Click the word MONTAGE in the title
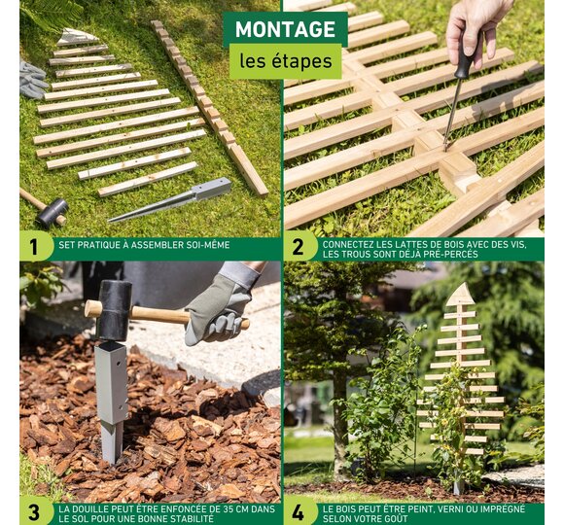pyautogui.click(x=285, y=29)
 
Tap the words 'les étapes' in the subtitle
pyautogui.click(x=286, y=61)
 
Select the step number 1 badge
pyautogui.click(x=33, y=247)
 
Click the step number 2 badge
pyautogui.click(x=298, y=247)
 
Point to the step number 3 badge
pyautogui.click(x=33, y=512)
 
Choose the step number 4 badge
pyautogui.click(x=298, y=512)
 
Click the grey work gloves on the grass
pyautogui.click(x=32, y=80)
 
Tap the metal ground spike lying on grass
pyautogui.click(x=170, y=199)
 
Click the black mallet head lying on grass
pyautogui.click(x=53, y=213)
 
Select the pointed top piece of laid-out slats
pyautogui.click(x=76, y=37)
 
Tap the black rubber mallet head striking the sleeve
pyautogui.click(x=114, y=311)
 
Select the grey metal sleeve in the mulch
pyautogui.click(x=112, y=401)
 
